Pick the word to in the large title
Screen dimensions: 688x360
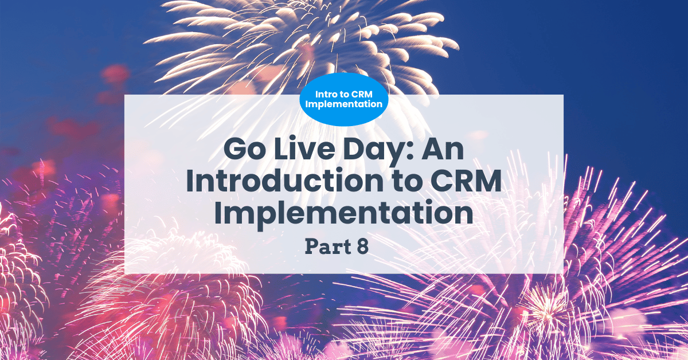click(407, 182)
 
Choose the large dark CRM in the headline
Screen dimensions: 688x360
click(466, 181)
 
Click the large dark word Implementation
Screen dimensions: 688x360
click(343, 213)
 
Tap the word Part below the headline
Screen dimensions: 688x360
click(328, 246)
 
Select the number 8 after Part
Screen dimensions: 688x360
click(363, 246)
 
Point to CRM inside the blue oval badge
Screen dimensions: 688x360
click(362, 95)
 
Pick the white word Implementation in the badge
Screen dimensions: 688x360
click(343, 104)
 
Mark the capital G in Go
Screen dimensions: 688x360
click(235, 149)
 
